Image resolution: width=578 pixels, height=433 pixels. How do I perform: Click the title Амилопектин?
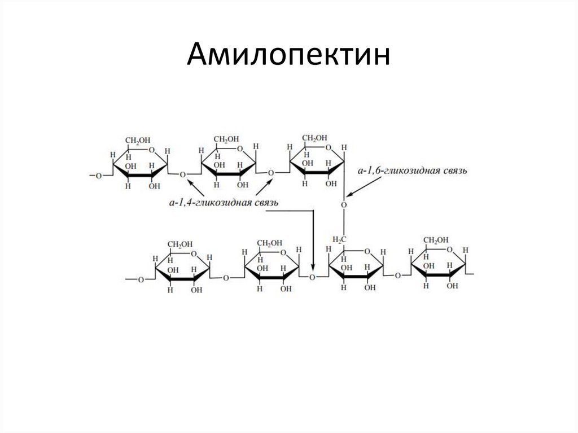(288, 57)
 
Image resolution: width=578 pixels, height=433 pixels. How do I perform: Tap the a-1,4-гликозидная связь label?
(224, 202)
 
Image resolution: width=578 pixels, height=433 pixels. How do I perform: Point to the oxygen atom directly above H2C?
(343, 205)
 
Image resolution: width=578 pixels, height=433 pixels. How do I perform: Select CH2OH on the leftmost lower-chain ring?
(180, 243)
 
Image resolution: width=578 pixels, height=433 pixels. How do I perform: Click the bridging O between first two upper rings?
(182, 174)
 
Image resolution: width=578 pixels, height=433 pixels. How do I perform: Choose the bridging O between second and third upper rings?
(271, 172)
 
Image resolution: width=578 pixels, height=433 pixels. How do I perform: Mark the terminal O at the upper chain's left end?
(98, 175)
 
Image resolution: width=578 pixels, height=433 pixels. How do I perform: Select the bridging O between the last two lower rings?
(397, 275)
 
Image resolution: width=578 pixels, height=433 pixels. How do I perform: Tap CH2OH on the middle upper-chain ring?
(225, 139)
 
